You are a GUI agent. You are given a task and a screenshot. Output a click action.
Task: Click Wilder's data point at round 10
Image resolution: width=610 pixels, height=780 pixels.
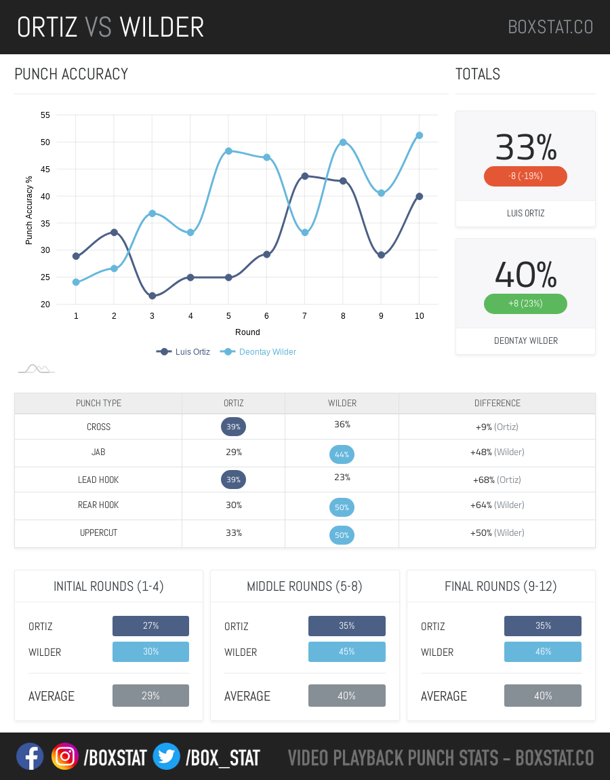[420, 136]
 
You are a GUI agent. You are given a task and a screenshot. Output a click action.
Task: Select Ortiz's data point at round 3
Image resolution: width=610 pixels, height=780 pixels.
[152, 296]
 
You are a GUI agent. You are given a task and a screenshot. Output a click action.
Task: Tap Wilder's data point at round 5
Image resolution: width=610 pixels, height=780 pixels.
[228, 151]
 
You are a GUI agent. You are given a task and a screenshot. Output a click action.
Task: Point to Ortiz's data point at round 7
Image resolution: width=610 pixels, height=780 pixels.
[305, 176]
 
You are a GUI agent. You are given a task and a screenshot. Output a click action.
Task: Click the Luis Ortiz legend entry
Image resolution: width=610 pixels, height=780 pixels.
[184, 351]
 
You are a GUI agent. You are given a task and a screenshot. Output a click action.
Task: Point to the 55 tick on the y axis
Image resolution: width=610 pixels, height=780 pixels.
[45, 115]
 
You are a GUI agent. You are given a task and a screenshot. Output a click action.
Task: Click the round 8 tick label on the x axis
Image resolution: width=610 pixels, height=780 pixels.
[343, 315]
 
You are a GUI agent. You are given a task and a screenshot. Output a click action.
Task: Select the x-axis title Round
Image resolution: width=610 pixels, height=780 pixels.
[247, 332]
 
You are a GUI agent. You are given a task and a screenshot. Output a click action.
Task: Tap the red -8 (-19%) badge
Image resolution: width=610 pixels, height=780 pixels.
[525, 176]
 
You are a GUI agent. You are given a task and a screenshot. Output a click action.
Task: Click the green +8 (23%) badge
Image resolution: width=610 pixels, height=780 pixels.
[525, 303]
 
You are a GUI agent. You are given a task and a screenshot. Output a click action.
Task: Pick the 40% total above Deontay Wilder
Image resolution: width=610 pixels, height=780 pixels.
[525, 275]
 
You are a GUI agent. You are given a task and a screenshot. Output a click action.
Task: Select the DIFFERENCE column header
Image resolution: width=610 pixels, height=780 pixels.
[497, 403]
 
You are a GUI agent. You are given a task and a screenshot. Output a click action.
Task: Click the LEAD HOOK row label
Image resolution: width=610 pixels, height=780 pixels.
[98, 480]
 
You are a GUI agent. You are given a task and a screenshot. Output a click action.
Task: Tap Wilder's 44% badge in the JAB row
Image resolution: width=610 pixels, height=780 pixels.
[342, 454]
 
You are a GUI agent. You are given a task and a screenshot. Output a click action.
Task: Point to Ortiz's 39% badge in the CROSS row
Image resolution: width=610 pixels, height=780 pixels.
[233, 427]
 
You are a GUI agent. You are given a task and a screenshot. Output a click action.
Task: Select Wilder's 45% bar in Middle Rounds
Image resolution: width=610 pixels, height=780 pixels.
[346, 652]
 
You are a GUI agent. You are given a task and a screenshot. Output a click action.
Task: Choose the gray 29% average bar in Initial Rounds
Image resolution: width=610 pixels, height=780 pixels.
[150, 695]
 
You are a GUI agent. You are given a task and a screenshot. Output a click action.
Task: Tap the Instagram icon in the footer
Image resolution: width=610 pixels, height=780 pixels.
[65, 756]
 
